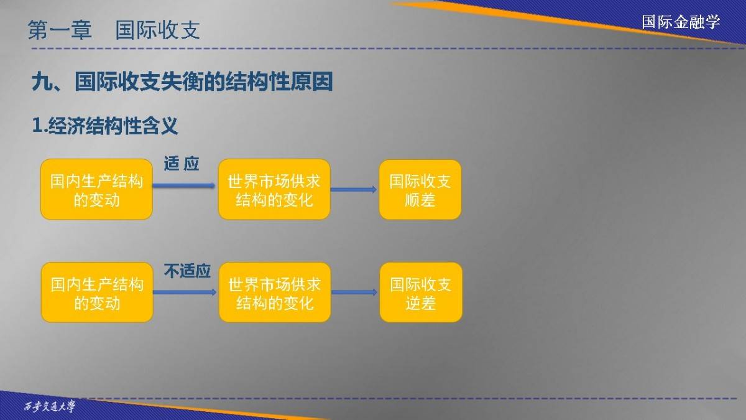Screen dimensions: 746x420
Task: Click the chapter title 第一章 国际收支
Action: click(114, 30)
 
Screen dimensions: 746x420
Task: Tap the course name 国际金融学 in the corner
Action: click(681, 22)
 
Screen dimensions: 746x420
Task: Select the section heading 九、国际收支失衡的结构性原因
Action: click(182, 82)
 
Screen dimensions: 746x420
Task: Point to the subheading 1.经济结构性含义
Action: click(105, 126)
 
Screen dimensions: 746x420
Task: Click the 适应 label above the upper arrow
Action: click(182, 164)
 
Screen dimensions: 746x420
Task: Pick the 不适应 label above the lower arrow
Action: click(187, 271)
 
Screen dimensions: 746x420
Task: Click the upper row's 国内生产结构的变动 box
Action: click(96, 189)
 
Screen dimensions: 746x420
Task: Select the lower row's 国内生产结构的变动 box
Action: click(97, 292)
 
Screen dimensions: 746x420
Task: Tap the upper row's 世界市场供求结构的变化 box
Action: click(274, 189)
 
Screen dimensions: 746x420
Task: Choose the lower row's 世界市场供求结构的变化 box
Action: click(275, 292)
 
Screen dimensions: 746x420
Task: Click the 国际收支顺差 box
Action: click(420, 190)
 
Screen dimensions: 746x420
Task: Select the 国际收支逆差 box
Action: click(421, 292)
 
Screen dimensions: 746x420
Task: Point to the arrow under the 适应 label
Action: click(184, 185)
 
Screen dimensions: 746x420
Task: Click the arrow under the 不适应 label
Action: click(185, 292)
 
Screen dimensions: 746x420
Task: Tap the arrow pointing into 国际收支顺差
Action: click(354, 190)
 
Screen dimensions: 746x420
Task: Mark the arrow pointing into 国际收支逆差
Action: click(354, 292)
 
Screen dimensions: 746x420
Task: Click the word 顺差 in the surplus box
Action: click(420, 200)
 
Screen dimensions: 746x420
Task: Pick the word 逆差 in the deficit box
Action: click(421, 303)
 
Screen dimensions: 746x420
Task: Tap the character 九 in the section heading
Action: click(42, 82)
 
